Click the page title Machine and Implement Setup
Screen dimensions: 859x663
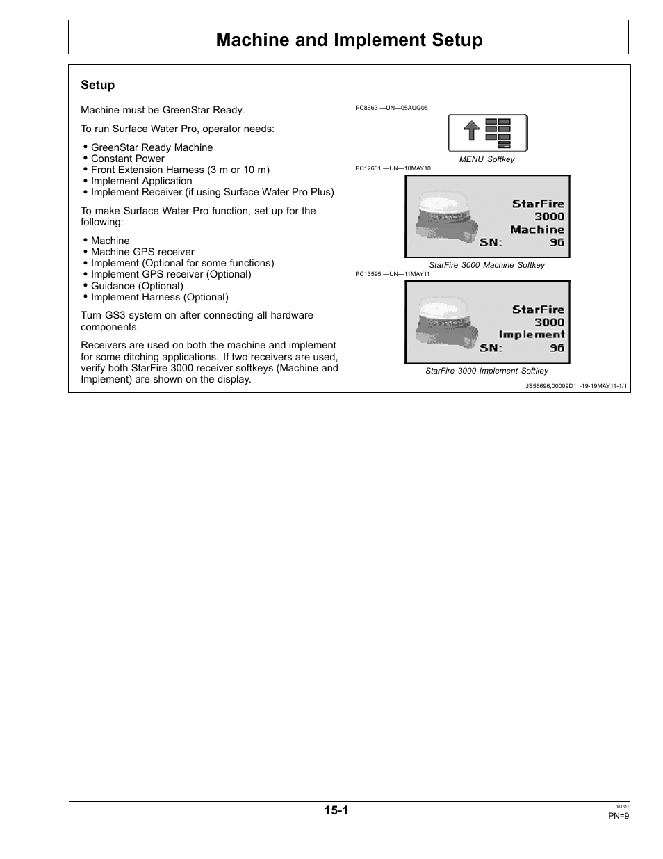click(x=349, y=40)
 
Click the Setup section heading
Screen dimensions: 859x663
click(x=98, y=85)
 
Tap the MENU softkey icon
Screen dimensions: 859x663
click(x=487, y=133)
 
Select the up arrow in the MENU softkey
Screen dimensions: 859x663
click(x=470, y=131)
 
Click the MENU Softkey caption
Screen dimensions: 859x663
click(x=486, y=159)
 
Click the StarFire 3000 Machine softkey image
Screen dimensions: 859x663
click(x=487, y=216)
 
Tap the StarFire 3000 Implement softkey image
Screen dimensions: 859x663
click(x=487, y=322)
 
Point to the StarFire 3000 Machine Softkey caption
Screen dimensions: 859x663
click(x=486, y=265)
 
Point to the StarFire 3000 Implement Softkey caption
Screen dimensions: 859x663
click(x=486, y=371)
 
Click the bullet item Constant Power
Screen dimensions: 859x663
click(x=128, y=159)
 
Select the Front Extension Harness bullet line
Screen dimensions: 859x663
click(x=180, y=170)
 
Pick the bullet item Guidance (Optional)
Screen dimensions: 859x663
click(x=137, y=286)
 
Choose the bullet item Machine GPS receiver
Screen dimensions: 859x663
click(x=142, y=252)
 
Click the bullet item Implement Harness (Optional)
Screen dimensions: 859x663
click(x=159, y=297)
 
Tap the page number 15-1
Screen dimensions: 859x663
click(x=336, y=810)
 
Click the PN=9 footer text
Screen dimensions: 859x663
click(x=619, y=816)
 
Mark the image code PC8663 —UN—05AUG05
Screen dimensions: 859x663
click(x=391, y=108)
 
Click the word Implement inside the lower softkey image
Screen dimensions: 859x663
click(x=532, y=335)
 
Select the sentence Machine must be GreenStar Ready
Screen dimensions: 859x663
click(x=163, y=110)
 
